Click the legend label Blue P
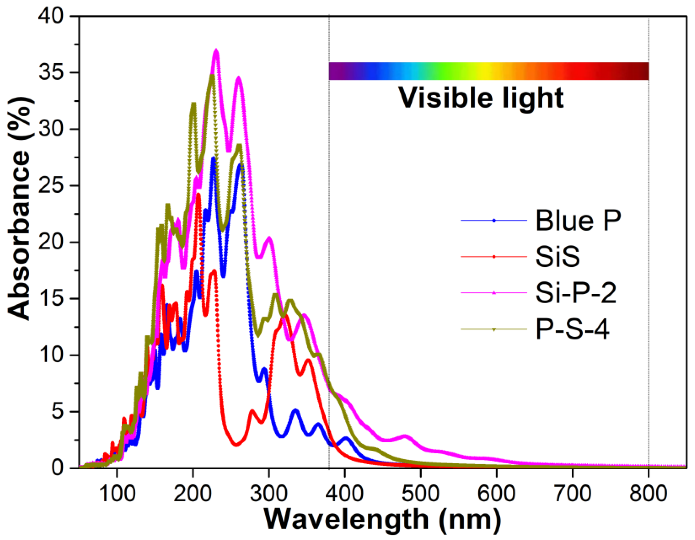point(578,220)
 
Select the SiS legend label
point(557,257)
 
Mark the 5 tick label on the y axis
point(57,411)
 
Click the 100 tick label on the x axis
point(117,494)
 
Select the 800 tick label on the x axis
point(648,494)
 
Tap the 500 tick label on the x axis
point(421,494)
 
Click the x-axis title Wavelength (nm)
point(382,521)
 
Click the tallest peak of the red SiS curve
point(198,194)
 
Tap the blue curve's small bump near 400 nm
point(346,439)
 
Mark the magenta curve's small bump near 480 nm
point(405,436)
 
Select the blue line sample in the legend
point(494,220)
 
